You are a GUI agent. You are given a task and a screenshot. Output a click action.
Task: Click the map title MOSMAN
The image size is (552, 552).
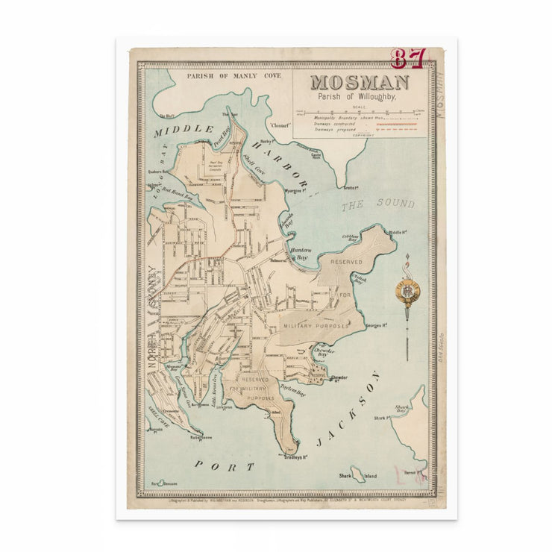tap(359, 83)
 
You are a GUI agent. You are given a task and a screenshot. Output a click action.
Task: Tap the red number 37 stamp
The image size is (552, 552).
tap(408, 58)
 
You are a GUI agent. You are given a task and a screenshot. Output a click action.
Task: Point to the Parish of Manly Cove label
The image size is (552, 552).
tap(222, 76)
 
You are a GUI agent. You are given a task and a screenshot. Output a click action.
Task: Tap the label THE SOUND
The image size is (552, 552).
tap(377, 204)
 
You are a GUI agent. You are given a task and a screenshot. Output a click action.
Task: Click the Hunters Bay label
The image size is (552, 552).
tap(299, 254)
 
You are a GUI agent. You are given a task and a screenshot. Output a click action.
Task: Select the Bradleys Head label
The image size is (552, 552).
tap(296, 457)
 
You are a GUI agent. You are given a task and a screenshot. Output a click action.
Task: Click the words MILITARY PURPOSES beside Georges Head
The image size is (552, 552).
tap(315, 326)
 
